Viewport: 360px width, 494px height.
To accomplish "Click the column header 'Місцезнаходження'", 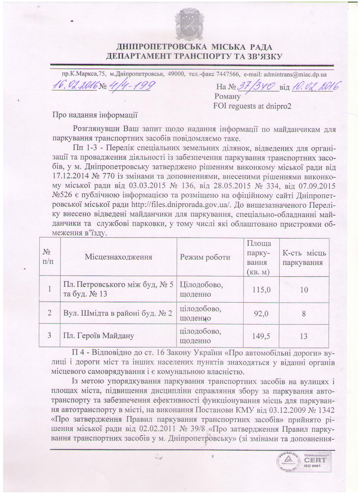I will click(x=119, y=257).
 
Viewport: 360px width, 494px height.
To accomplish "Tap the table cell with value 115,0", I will click(x=261, y=290).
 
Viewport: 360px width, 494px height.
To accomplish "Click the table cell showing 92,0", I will click(x=261, y=313).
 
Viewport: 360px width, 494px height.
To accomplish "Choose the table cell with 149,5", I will click(x=261, y=336).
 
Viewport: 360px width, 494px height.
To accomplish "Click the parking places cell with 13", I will click(x=304, y=336).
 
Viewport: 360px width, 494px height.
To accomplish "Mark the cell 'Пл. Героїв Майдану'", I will click(x=98, y=336).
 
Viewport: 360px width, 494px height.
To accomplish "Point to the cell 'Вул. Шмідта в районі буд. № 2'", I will click(x=118, y=313).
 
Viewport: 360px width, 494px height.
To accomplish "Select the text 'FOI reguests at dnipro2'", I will click(x=253, y=106).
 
